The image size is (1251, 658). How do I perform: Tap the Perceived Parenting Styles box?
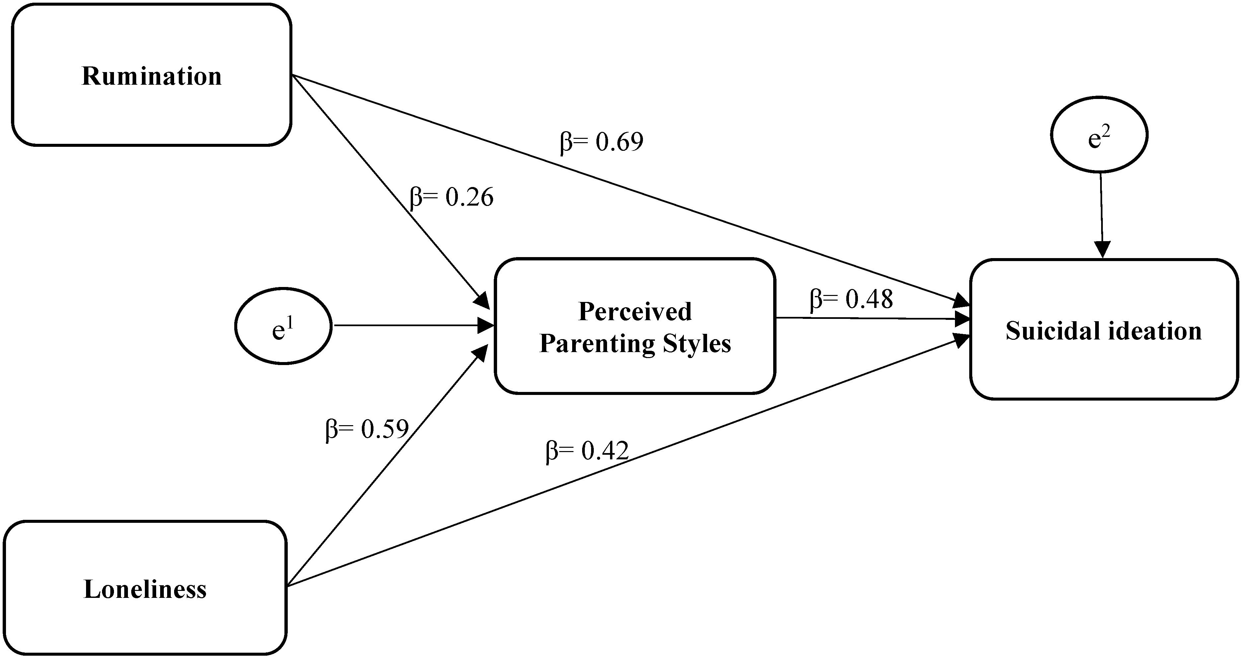click(635, 326)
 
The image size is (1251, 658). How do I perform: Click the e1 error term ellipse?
click(283, 326)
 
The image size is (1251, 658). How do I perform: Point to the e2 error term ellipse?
click(1099, 134)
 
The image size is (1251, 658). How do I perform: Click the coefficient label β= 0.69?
click(602, 142)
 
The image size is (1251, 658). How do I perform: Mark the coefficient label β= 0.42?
click(587, 451)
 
